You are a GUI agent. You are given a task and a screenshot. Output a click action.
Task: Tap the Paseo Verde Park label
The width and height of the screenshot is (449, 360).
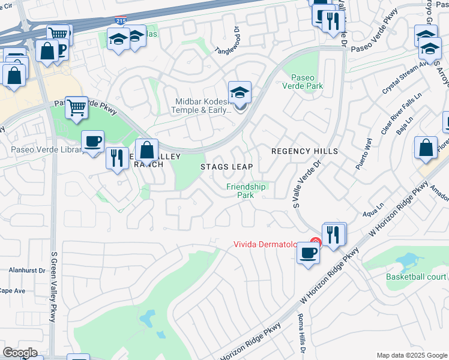[x=307, y=82]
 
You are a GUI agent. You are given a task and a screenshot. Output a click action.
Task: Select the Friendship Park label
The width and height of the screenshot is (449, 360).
[x=246, y=191]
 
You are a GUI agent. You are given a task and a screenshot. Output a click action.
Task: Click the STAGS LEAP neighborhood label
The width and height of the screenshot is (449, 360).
[x=226, y=166]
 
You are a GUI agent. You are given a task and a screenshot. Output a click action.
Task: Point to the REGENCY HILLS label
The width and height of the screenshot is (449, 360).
[x=304, y=151]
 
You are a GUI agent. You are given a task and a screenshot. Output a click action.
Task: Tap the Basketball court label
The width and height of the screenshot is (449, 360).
[x=416, y=277]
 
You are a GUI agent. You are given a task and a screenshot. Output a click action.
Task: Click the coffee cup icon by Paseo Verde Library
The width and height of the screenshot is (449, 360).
[x=92, y=142]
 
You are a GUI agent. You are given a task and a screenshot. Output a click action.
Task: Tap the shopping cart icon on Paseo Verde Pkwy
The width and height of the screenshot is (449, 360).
[x=76, y=108]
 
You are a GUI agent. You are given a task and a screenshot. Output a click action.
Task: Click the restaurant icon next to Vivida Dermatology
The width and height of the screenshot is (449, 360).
[x=334, y=233]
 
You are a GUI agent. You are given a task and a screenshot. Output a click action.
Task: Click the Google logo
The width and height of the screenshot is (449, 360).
[x=20, y=353]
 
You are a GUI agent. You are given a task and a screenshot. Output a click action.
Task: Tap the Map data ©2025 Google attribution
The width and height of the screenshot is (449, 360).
[x=411, y=355]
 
